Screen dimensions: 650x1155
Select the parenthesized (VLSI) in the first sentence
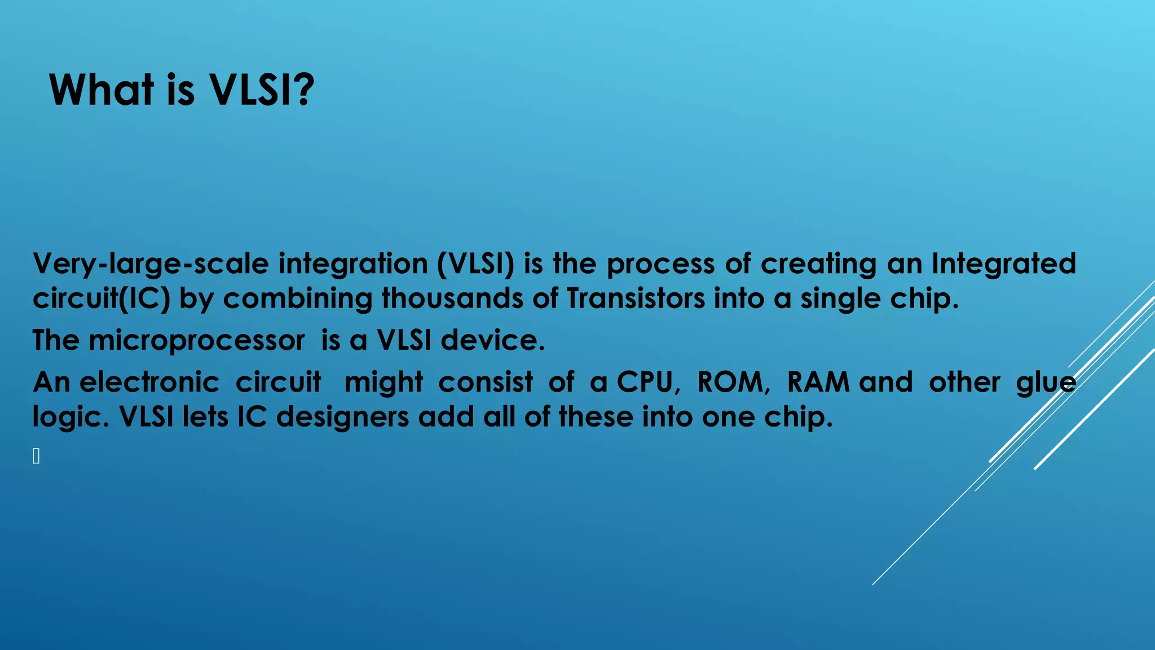tap(475, 264)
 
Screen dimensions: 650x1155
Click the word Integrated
tap(1003, 264)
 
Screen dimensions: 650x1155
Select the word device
tap(492, 341)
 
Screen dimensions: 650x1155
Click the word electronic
tap(149, 383)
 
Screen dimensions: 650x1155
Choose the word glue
tap(1046, 383)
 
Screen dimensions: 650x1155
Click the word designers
tap(342, 418)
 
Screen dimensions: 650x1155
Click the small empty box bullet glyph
tap(36, 456)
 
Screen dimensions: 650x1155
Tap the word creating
tap(818, 264)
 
